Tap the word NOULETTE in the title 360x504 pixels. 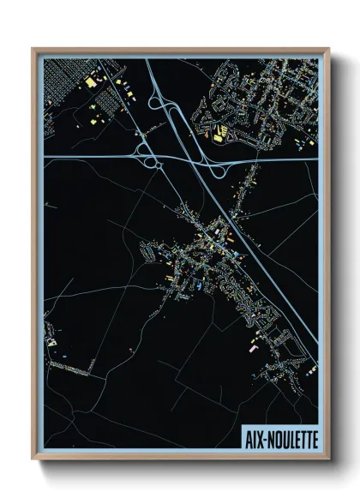[291, 438]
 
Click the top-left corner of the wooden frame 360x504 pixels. [32, 48]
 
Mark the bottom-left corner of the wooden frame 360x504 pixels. [32, 460]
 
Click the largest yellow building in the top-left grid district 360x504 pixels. [91, 82]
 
